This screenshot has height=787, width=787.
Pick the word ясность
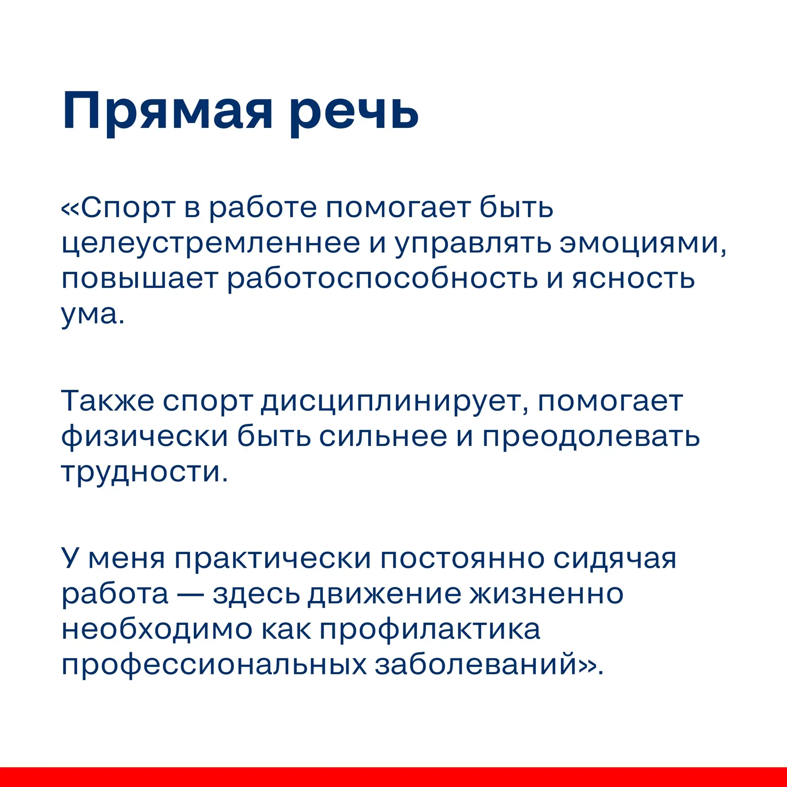pyautogui.click(x=634, y=279)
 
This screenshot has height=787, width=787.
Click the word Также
pyautogui.click(x=107, y=401)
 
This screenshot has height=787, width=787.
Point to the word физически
pyautogui.click(x=144, y=436)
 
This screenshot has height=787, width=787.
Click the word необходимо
pyautogui.click(x=157, y=629)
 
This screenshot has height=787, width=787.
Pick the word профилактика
pyautogui.click(x=430, y=630)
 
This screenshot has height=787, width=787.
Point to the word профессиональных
pyautogui.click(x=214, y=665)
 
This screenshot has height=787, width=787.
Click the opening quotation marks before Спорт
pyautogui.click(x=71, y=209)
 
